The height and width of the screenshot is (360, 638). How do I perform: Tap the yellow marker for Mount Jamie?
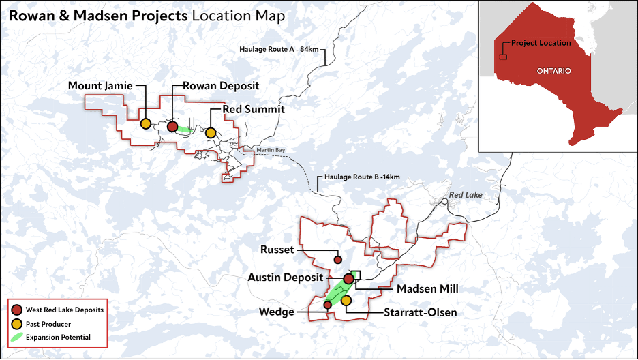[x=146, y=124]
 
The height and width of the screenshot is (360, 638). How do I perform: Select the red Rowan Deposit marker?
[x=173, y=126]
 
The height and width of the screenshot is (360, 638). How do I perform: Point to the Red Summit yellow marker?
[x=211, y=132]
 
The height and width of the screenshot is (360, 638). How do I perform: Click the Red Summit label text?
[x=253, y=109]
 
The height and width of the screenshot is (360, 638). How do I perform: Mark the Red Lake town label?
[x=466, y=195]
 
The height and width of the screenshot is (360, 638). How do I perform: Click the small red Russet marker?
[x=337, y=260]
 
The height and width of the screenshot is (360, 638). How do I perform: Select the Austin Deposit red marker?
[x=348, y=279]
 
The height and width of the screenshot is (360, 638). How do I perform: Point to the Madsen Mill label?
[x=427, y=288]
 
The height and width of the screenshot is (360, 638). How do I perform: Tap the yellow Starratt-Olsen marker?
[x=346, y=301]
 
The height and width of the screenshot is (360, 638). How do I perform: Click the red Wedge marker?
[x=327, y=305]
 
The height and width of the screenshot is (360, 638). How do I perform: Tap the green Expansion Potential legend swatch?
[x=18, y=337]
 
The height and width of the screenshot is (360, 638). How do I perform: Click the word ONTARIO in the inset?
[x=553, y=71]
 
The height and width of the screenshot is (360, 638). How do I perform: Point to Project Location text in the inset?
[x=541, y=43]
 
